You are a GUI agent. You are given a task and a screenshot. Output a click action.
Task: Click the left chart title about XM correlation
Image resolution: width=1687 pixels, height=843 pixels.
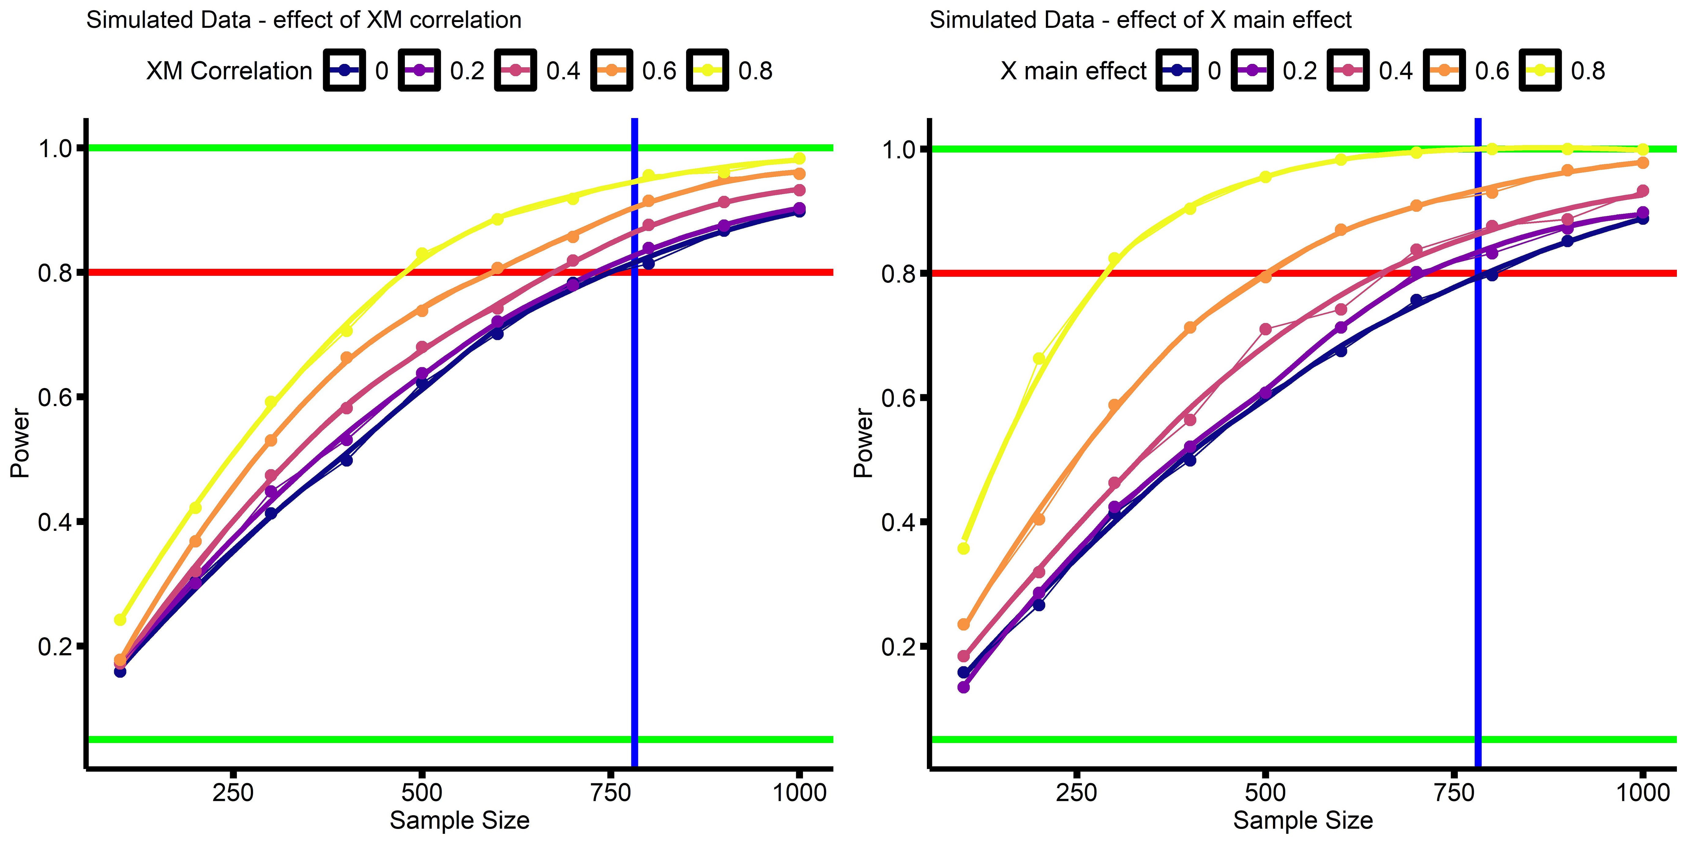(304, 20)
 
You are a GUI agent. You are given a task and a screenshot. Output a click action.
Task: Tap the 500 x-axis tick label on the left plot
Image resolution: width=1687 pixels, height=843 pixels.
(422, 793)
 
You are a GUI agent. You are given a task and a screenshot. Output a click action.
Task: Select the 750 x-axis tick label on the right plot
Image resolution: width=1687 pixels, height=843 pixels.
(1454, 793)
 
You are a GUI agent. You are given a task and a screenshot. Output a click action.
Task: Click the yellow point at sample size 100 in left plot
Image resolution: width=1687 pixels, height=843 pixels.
(120, 619)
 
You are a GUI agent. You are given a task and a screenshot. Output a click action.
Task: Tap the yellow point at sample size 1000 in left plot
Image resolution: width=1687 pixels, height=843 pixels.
(799, 158)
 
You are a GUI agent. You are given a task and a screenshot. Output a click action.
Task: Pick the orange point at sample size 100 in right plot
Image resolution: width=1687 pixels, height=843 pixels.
(963, 624)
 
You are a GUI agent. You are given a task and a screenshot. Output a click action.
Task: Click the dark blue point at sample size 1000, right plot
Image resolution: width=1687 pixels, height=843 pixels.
(1642, 219)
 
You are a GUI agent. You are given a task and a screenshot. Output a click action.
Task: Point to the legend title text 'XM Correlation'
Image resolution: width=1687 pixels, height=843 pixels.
(229, 71)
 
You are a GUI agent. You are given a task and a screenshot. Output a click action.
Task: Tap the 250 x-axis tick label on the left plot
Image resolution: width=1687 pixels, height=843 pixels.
(233, 793)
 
